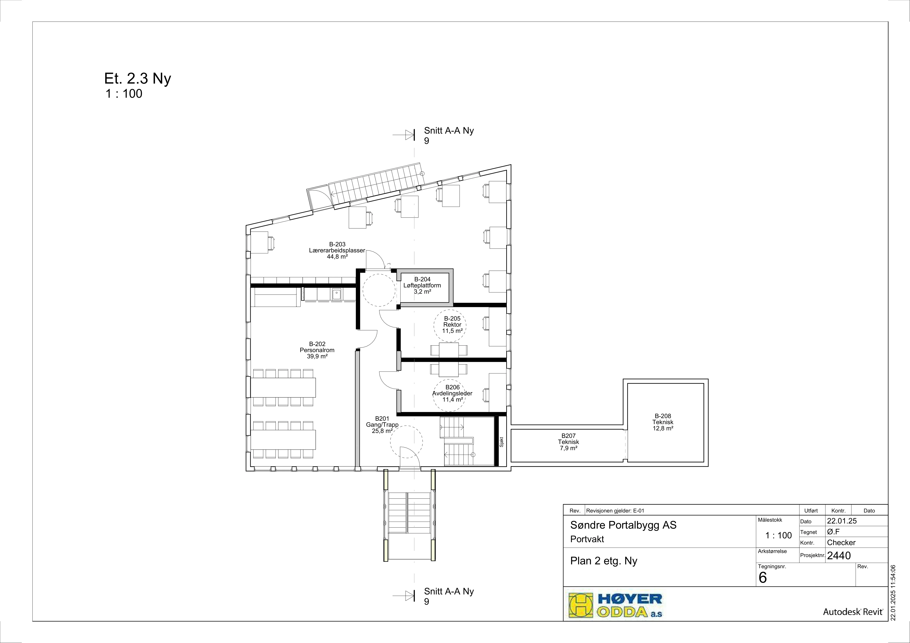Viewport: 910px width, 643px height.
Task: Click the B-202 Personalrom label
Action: tap(317, 350)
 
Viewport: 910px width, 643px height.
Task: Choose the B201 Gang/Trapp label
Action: tap(382, 425)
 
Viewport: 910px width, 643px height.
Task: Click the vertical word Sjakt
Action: tap(501, 442)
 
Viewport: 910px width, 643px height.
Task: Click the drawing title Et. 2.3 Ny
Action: tap(138, 79)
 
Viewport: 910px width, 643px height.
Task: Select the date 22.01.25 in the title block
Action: tap(842, 521)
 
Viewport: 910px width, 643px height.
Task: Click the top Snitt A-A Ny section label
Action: tap(449, 135)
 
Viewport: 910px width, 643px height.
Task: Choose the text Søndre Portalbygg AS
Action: tap(623, 525)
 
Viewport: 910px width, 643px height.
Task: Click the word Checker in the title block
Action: tap(841, 542)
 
